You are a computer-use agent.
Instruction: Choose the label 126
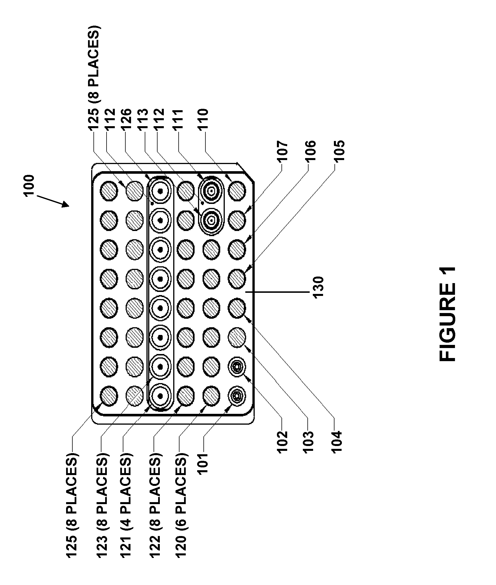[x=126, y=120]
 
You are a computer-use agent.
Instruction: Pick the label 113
[x=143, y=120]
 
